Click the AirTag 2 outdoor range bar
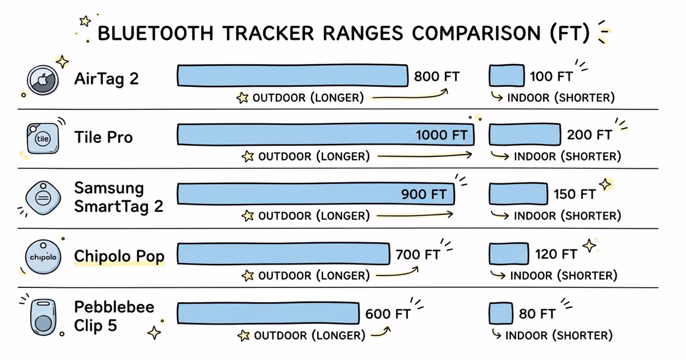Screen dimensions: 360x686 292,76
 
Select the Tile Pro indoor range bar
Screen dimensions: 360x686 524,135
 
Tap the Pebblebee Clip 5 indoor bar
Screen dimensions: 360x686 501,314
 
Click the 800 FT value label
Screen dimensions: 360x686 437,77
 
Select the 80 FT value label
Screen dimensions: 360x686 537,314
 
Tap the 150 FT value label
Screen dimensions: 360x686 575,194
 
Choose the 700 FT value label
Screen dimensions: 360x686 417,254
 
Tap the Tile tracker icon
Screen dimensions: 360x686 43,138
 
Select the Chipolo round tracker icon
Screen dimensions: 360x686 43,257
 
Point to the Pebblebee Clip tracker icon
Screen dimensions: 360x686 43,316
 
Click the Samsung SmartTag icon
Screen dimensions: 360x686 43,197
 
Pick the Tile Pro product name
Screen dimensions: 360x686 103,137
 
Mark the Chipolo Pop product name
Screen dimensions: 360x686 119,256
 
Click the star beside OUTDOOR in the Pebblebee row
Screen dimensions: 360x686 244,335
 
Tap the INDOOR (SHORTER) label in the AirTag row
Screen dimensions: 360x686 560,98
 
